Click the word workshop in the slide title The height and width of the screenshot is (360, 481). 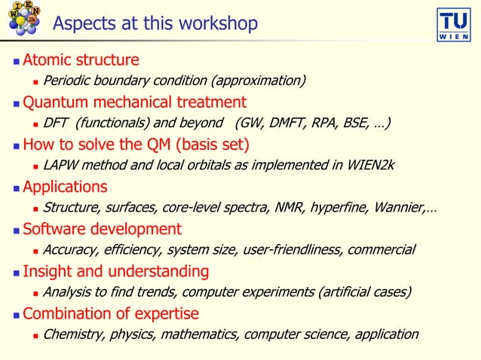[x=219, y=24]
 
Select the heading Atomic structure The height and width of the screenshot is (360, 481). [x=81, y=59]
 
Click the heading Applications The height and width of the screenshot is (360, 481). [x=65, y=186]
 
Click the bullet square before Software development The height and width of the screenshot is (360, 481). [x=16, y=230]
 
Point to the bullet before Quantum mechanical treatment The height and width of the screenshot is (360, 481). [x=16, y=102]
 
